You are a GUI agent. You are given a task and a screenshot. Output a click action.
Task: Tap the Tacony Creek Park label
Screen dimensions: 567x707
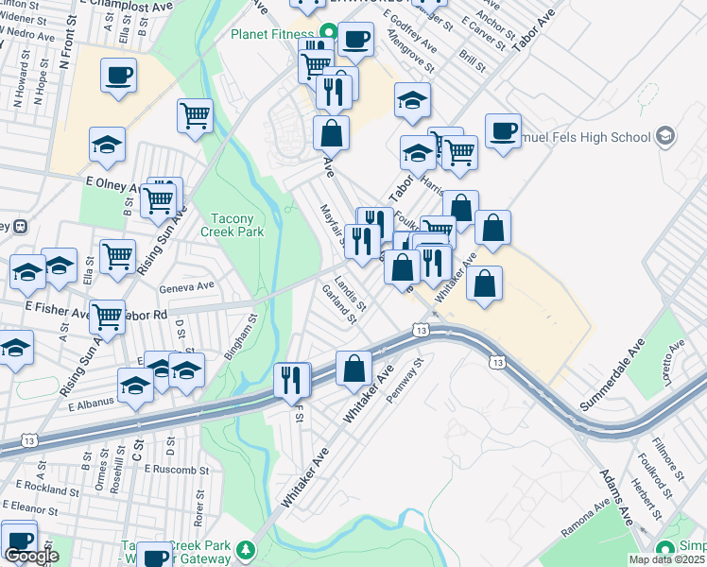(x=232, y=223)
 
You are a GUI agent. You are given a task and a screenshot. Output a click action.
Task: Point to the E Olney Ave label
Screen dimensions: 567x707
(x=112, y=180)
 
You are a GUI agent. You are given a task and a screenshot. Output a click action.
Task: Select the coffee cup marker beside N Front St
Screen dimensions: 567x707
(x=118, y=76)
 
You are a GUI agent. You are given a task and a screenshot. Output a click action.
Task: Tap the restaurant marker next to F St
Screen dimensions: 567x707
(x=293, y=380)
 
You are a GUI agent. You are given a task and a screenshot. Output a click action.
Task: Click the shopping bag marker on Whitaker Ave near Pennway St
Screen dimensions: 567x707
(x=353, y=369)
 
